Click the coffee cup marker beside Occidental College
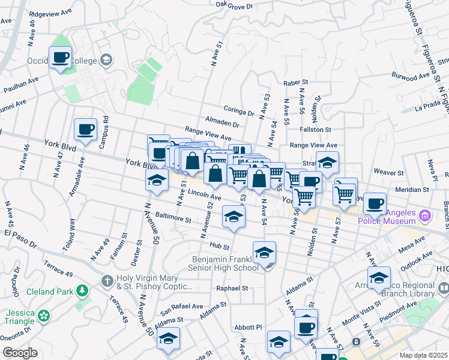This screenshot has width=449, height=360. (60, 58)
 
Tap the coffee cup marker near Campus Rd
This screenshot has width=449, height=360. (85, 129)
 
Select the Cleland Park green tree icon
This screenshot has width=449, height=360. (82, 292)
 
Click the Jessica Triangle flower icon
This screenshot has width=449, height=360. (43, 315)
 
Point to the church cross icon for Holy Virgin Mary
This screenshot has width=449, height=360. (107, 280)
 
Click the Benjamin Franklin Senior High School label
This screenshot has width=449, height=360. (225, 263)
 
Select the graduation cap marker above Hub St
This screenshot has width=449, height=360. (234, 217)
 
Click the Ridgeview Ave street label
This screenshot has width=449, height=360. (50, 12)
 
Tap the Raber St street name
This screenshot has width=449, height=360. (295, 82)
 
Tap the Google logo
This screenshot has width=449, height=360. (20, 353)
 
